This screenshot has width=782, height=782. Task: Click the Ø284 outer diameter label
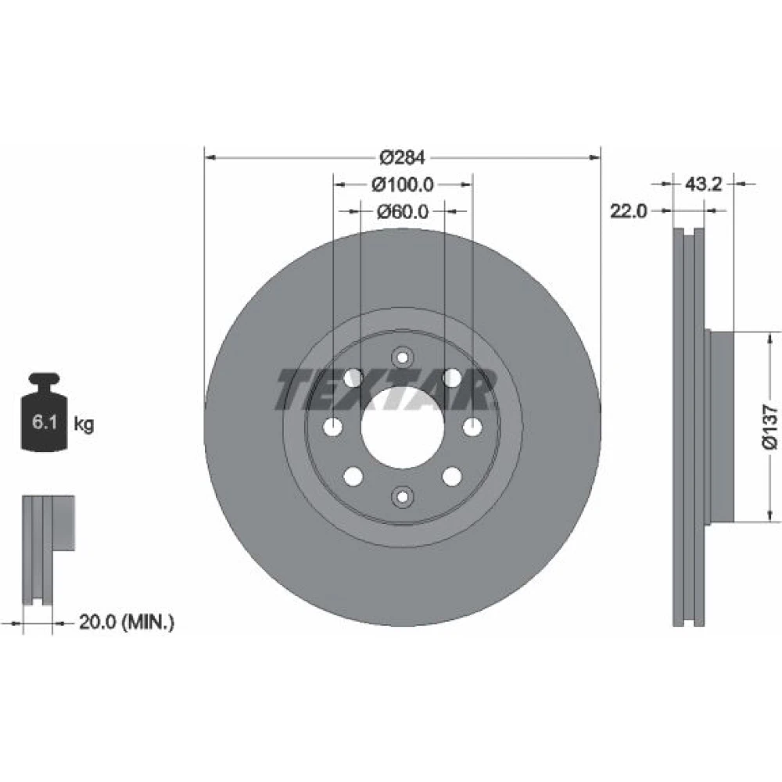tap(403, 158)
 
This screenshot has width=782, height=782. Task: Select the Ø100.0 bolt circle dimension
tap(403, 185)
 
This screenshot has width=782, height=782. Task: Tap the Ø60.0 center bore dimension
tap(403, 211)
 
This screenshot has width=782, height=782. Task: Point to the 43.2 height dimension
tap(703, 184)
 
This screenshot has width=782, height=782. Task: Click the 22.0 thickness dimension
tap(629, 211)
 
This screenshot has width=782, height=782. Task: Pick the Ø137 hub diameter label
tap(769, 427)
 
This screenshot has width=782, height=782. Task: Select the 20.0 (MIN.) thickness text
tap(127, 622)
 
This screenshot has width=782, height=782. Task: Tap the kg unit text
tap(84, 425)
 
